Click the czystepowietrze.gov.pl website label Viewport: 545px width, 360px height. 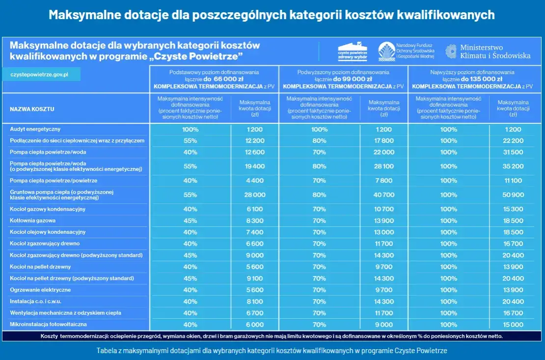pos(39,75)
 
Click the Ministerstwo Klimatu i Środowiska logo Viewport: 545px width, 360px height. pos(488,52)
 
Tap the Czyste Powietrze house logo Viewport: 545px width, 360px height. pos(353,52)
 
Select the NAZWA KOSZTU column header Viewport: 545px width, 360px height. pos(32,109)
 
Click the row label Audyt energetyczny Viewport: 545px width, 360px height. pos(35,129)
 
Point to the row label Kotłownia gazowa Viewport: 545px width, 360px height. pos(32,221)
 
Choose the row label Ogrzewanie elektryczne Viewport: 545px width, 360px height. pos(40,290)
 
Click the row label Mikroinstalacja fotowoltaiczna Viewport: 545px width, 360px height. pos(48,325)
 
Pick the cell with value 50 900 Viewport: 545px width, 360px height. pos(513,195)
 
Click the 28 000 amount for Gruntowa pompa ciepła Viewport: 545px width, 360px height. pos(254,195)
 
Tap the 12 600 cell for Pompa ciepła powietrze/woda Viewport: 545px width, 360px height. pos(254,152)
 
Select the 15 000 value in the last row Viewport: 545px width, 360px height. pos(513,325)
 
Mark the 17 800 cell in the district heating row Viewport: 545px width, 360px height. pos(383,141)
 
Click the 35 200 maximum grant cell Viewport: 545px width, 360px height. pos(513,166)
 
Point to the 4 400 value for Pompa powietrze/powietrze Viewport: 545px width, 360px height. pos(254,181)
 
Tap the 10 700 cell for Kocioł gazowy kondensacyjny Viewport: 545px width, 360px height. pos(383,209)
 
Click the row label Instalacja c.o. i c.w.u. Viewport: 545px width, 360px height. pos(35,302)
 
